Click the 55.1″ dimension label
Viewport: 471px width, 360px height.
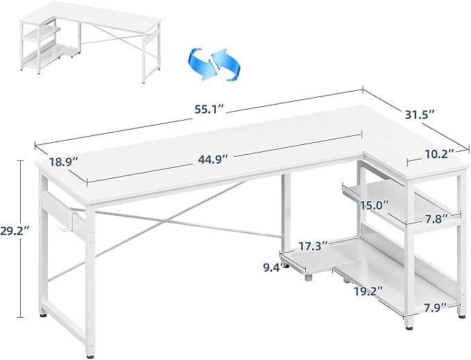point(209,110)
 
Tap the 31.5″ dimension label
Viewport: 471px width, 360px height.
point(419,114)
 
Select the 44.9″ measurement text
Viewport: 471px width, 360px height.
point(212,158)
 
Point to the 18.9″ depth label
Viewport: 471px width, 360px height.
point(64,162)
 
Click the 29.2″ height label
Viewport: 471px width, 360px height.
point(15,231)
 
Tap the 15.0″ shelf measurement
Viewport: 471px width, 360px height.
point(375,205)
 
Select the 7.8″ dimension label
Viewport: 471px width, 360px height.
point(436,218)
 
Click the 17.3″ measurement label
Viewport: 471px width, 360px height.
point(312,246)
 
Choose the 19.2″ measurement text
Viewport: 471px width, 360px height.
point(368,291)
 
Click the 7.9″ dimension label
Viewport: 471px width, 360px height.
point(436,307)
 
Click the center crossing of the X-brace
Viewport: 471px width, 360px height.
point(166,221)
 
